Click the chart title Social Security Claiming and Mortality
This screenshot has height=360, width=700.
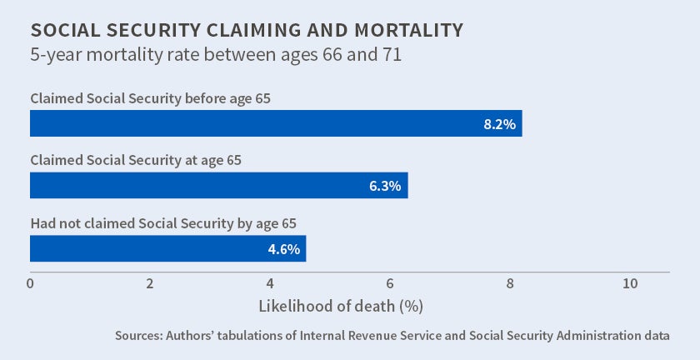pyautogui.click(x=247, y=31)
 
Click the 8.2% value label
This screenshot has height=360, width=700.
pyautogui.click(x=500, y=124)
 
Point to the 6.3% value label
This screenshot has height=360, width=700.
pyautogui.click(x=386, y=186)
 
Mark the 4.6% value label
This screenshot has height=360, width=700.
pyautogui.click(x=284, y=249)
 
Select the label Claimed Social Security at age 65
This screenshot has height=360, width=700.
pyautogui.click(x=136, y=160)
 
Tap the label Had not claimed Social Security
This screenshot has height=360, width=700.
pyautogui.click(x=163, y=223)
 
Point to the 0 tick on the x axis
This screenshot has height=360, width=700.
pyautogui.click(x=30, y=284)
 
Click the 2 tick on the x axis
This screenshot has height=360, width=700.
pyautogui.click(x=150, y=284)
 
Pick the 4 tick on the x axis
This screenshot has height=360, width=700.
pyautogui.click(x=270, y=284)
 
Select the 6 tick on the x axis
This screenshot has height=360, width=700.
pyautogui.click(x=390, y=284)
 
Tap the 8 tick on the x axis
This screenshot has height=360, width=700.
pyautogui.click(x=510, y=284)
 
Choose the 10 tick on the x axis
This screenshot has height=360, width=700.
pyautogui.click(x=630, y=284)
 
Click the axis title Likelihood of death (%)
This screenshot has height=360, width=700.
pyautogui.click(x=342, y=306)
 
